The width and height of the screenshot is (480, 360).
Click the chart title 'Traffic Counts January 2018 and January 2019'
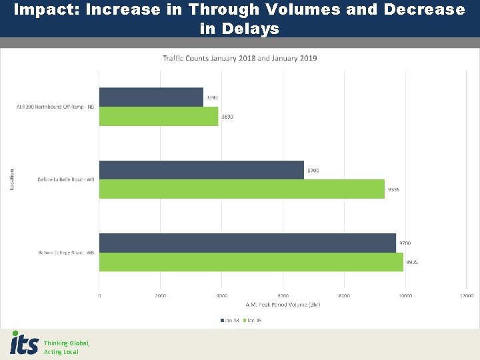[240, 58]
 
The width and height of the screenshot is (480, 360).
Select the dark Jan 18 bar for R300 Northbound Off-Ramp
[151, 97]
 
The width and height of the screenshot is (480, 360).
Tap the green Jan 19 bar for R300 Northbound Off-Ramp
[159, 116]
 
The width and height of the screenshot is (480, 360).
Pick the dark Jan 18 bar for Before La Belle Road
[201, 170]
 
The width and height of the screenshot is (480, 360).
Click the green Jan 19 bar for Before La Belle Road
[241, 189]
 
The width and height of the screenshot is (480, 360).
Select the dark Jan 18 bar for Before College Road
[247, 243]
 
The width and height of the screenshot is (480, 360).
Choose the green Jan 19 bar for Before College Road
[251, 262]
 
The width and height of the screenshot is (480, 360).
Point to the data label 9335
[393, 189]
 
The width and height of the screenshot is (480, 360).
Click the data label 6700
[313, 171]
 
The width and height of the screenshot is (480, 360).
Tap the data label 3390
[212, 98]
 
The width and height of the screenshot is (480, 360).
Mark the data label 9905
[411, 262]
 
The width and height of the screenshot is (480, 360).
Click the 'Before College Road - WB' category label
[67, 252]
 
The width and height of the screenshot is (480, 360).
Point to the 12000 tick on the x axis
[465, 295]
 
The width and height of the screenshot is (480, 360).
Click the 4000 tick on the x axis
[221, 295]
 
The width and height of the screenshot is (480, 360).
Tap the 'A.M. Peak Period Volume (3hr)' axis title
[283, 305]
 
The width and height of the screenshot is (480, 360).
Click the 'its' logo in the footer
[24, 343]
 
